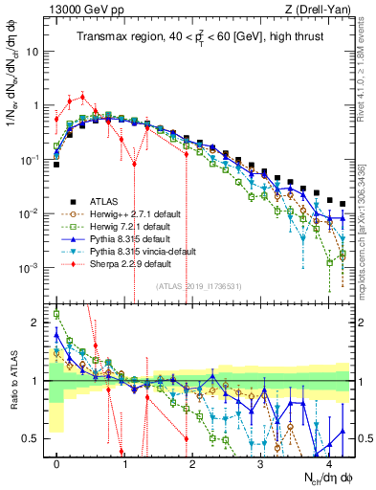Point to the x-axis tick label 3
[260, 462]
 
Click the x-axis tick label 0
[57, 462]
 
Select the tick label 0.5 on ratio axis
[35, 438]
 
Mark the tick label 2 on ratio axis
[38, 323]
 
